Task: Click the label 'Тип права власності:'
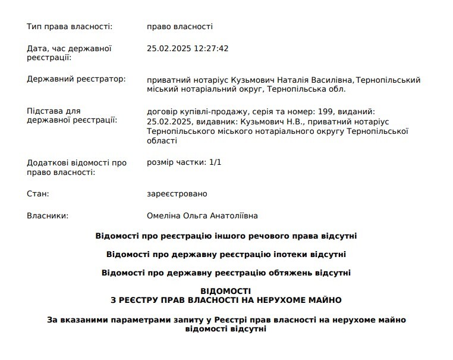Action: (x=70, y=27)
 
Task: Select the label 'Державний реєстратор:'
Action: (x=77, y=80)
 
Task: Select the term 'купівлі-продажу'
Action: (x=209, y=111)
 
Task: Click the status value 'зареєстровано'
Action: (x=177, y=194)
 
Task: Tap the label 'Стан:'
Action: (x=38, y=194)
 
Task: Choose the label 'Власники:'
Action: (x=48, y=216)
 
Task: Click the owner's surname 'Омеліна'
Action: (x=165, y=216)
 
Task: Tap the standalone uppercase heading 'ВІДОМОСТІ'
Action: (x=226, y=292)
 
